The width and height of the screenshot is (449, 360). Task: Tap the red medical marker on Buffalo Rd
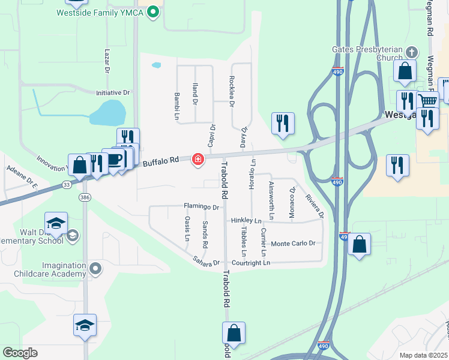pyautogui.click(x=197, y=160)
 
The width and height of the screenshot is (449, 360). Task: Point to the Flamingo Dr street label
pyautogui.click(x=202, y=207)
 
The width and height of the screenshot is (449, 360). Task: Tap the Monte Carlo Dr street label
pyautogui.click(x=294, y=244)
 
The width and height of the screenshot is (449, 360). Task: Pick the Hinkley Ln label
pyautogui.click(x=246, y=221)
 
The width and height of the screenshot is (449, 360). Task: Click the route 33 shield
pyautogui.click(x=67, y=185)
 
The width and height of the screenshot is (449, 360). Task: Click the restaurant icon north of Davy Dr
pyautogui.click(x=282, y=123)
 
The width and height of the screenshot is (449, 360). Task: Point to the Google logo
pyautogui.click(x=20, y=353)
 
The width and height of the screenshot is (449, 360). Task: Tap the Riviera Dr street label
pyautogui.click(x=315, y=206)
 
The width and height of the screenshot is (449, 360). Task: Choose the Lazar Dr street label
pyautogui.click(x=107, y=61)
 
